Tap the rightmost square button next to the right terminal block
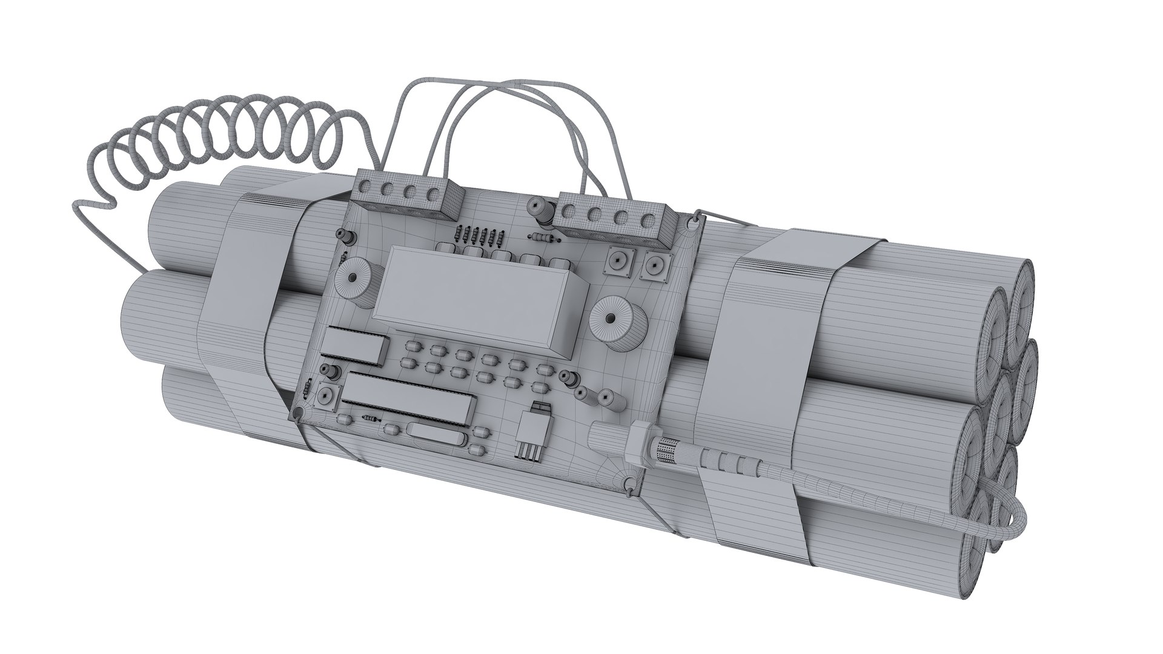(656, 265)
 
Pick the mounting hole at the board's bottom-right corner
(632, 484)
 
